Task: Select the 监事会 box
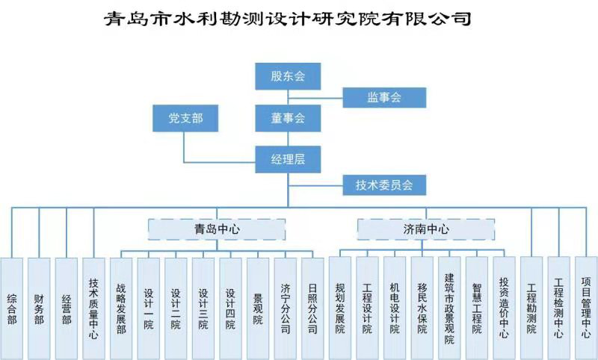pyautogui.click(x=383, y=97)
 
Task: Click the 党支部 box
pyautogui.click(x=185, y=118)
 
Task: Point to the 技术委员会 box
pyautogui.click(x=383, y=184)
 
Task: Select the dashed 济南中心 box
pyautogui.click(x=425, y=229)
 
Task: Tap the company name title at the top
pyautogui.click(x=288, y=19)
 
